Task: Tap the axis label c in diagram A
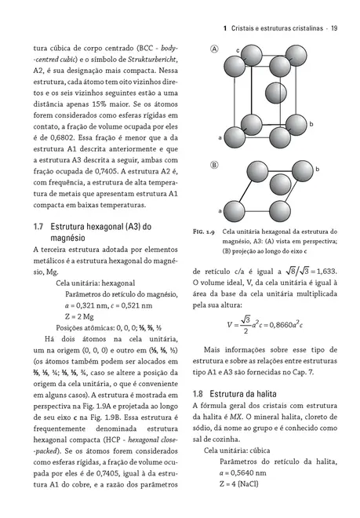click(238, 50)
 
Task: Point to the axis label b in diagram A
click(312, 125)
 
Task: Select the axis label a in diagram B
click(220, 211)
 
